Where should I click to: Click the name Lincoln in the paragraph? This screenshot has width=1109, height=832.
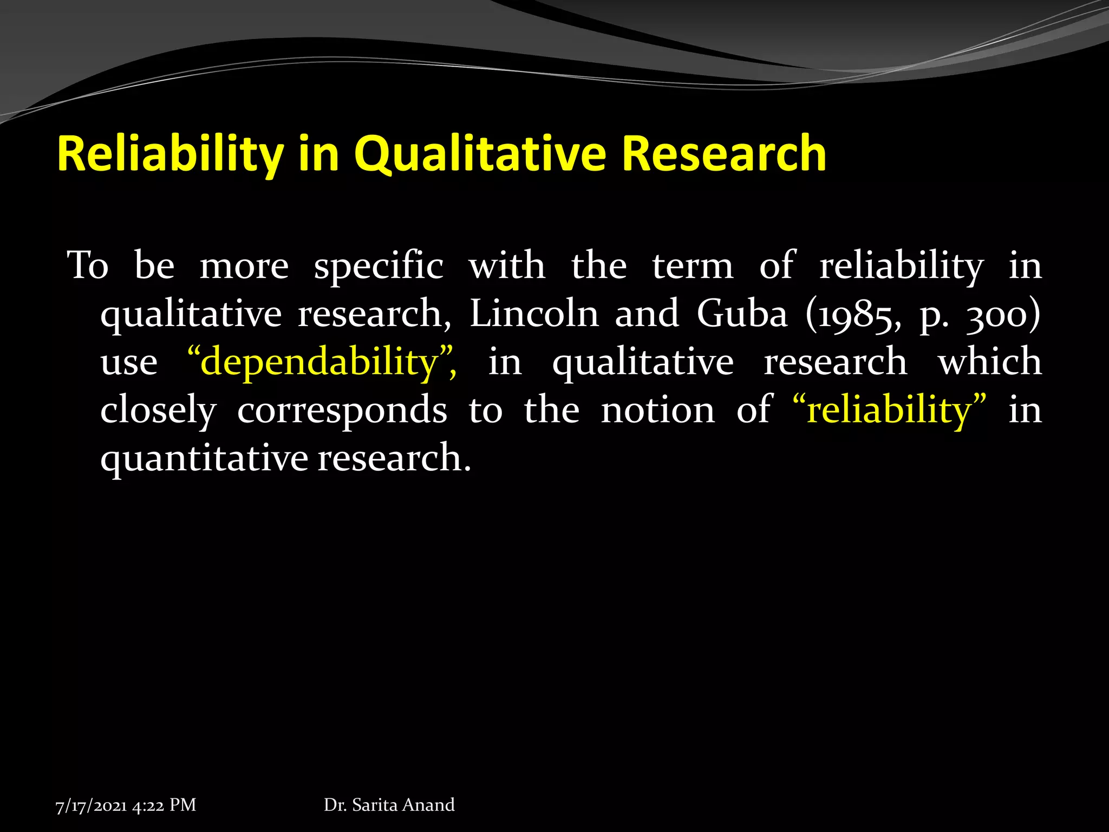pyautogui.click(x=534, y=314)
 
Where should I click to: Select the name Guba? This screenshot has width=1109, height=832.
pyautogui.click(x=742, y=314)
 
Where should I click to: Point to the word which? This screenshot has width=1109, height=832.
pyautogui.click(x=989, y=361)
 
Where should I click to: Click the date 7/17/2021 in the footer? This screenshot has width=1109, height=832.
pyautogui.click(x=91, y=805)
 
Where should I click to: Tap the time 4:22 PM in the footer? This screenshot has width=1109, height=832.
pyautogui.click(x=164, y=805)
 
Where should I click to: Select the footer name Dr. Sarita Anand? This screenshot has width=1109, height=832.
pyautogui.click(x=389, y=805)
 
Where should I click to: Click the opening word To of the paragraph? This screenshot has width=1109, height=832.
pyautogui.click(x=88, y=266)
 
